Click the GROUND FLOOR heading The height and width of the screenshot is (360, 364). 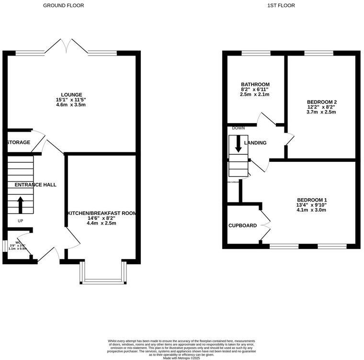63,6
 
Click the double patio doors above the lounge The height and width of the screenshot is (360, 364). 67,46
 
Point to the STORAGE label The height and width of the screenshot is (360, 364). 19,142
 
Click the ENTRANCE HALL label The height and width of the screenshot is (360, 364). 35,184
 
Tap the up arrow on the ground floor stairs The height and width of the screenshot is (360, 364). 21,204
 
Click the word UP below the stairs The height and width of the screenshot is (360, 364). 20,221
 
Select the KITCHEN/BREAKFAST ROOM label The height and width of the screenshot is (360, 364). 101,213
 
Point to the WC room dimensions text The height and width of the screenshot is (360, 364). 17,247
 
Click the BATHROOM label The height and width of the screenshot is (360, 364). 255,84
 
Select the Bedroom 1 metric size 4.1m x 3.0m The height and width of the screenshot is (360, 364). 312,210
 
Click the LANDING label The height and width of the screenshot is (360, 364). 255,143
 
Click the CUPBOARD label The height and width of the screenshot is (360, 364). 242,225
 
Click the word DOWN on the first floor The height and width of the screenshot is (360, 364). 238,128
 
